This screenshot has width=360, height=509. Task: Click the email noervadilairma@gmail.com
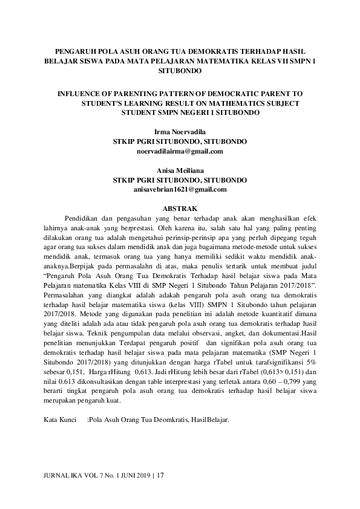tap(180, 151)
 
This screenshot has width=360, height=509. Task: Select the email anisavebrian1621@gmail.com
tap(180, 189)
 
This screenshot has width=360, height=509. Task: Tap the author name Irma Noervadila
tap(180, 131)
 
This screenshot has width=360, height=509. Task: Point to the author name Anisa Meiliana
tap(180, 170)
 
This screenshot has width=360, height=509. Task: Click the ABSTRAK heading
tap(180, 209)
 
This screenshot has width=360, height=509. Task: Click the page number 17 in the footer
tap(160, 476)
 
